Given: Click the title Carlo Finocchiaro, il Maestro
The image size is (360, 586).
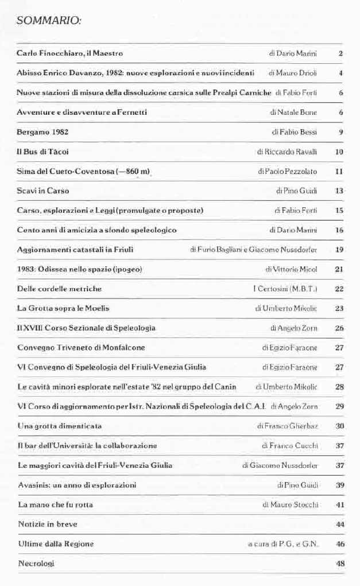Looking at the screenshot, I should [x=69, y=53].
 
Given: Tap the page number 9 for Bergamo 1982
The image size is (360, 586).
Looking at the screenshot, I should [x=340, y=132].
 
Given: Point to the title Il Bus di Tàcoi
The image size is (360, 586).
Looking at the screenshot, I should [x=42, y=152].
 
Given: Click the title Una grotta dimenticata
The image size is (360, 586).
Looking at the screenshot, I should [x=60, y=425].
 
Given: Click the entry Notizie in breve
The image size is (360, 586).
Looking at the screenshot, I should [x=47, y=524].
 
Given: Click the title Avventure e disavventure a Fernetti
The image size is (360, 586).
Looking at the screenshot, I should [x=82, y=112].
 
